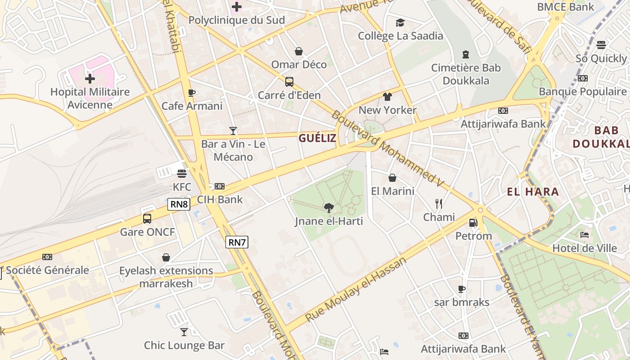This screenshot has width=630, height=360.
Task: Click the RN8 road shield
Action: point(179,204)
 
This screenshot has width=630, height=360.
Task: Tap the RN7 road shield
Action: point(237,242)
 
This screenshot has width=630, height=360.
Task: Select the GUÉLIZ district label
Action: point(317,138)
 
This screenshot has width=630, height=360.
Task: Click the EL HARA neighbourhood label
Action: point(533,192)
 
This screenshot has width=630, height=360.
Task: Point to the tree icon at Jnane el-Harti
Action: point(329,207)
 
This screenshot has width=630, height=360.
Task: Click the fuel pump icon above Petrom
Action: point(473,222)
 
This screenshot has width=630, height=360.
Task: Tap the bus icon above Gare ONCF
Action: point(147,219)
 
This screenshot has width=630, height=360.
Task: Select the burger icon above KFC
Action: point(182,173)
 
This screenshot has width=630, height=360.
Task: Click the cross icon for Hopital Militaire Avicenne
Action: point(90,79)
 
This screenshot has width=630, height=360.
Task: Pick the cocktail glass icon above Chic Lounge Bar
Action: point(184,332)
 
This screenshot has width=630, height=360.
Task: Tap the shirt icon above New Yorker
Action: point(387,97)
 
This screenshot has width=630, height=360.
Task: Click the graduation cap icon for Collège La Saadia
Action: point(400,22)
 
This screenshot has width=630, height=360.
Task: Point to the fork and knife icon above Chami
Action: point(439,204)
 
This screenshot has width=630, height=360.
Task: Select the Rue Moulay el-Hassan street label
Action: point(355,289)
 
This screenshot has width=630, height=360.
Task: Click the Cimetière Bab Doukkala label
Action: point(466,74)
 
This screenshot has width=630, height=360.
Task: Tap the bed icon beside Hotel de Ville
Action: point(585,235)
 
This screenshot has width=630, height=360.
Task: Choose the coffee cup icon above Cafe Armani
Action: point(192,93)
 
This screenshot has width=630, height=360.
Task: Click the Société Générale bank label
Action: point(48,270)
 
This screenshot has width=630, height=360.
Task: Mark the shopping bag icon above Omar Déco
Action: point(298,51)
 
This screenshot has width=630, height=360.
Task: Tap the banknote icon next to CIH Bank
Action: point(220,186)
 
